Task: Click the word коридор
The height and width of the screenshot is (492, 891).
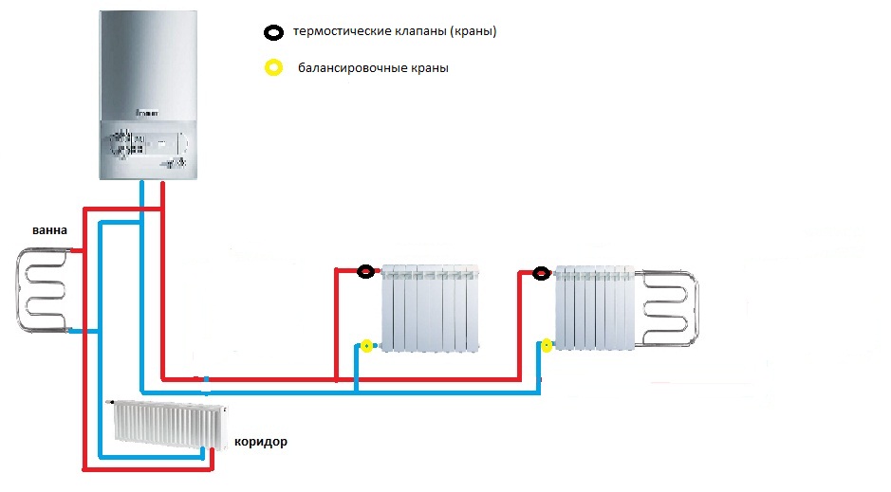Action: [x=258, y=442]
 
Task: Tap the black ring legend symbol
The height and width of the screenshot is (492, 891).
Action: [x=273, y=32]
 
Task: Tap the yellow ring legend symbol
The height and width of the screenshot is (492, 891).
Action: [x=273, y=68]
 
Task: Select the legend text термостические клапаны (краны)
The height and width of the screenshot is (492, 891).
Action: [x=396, y=32]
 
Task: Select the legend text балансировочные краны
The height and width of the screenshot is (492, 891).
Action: [x=373, y=68]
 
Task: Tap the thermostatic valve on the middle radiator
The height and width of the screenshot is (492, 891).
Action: [x=366, y=273]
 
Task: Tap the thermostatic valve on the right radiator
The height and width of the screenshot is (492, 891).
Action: [x=541, y=274]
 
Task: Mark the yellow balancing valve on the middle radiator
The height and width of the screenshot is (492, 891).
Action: [x=366, y=346]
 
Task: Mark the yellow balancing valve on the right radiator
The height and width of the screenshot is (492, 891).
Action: [x=546, y=345]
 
